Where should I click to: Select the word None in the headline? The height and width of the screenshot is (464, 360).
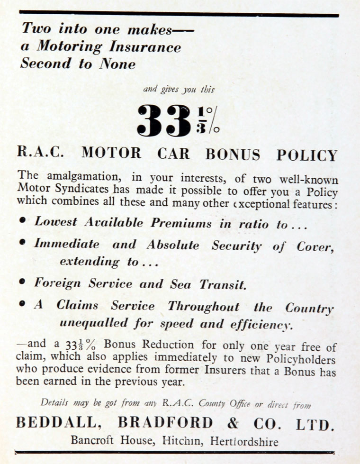coord(117,64)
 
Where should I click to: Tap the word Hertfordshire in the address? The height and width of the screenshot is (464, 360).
coord(244,441)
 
